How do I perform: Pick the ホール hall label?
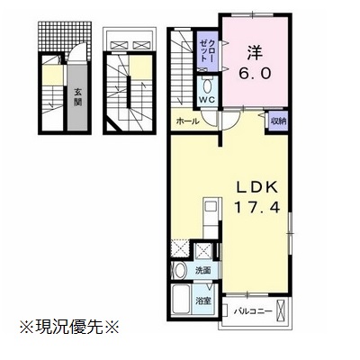tap(187, 121)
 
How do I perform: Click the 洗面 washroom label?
tap(202, 271)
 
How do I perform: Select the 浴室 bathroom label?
tap(203, 300)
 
